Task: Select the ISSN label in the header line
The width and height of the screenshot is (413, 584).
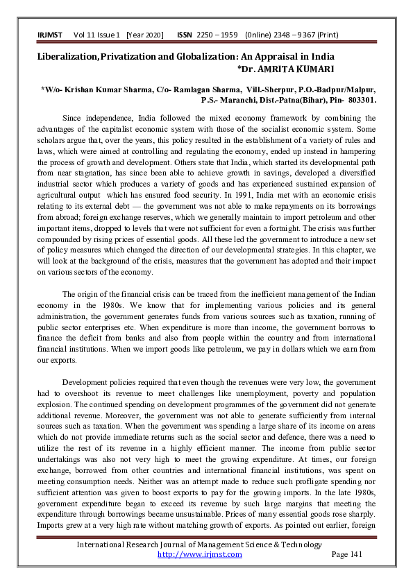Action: (x=185, y=34)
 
